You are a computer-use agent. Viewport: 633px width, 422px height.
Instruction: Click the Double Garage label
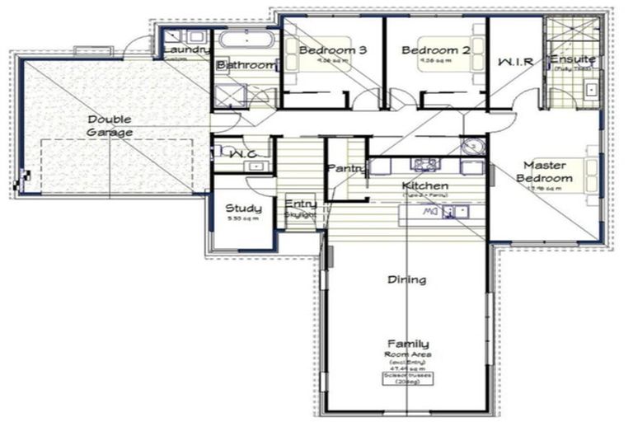[110, 125]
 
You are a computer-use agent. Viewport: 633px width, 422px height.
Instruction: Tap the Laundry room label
[186, 50]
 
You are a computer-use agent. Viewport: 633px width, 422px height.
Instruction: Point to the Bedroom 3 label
[332, 50]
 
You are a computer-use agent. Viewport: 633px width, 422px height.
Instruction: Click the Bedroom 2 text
[435, 50]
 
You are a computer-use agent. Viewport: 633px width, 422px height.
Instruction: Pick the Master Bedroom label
[542, 171]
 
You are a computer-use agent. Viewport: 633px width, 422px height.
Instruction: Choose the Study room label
[243, 208]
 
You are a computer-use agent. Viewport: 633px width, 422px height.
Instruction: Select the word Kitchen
[424, 185]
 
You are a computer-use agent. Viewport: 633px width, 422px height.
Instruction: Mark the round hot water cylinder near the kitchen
[471, 148]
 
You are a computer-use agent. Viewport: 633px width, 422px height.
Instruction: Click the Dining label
[407, 279]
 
